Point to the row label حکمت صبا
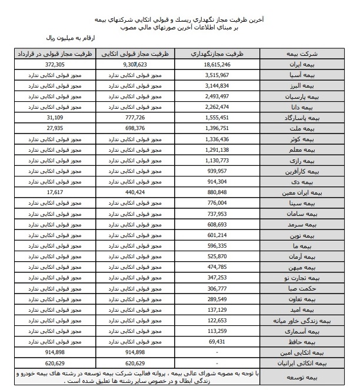point(323,289)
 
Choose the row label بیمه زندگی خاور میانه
point(309,321)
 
